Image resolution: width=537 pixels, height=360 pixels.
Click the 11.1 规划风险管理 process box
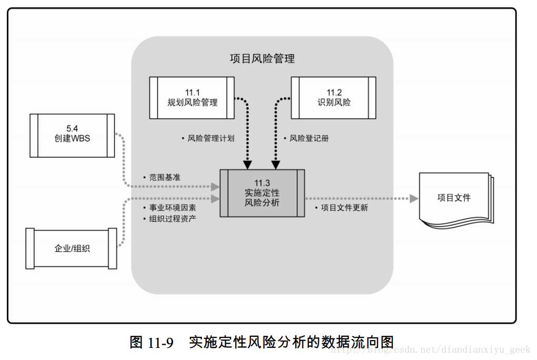point(191,98)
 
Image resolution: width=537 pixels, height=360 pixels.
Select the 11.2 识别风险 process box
point(333,98)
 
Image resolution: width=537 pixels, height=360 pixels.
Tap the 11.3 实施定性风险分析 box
point(262,193)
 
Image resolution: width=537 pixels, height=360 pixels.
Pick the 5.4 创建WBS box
point(72,135)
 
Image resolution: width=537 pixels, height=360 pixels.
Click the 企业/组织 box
point(72,248)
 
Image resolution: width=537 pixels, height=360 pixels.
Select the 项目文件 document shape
point(454,198)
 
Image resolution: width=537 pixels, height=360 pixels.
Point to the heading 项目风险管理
point(262,58)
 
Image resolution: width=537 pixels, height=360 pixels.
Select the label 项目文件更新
point(345,208)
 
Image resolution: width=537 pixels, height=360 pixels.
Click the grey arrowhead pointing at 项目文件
point(414,199)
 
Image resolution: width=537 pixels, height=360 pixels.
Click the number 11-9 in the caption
point(160,343)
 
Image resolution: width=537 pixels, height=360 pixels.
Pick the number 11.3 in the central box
point(262,182)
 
